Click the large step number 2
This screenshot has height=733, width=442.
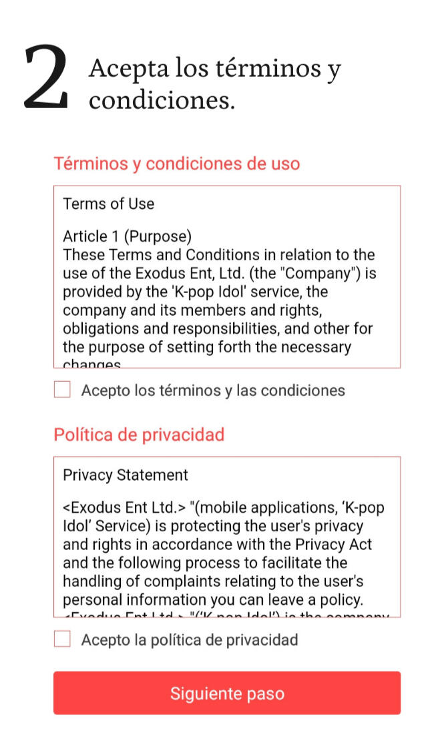(46, 78)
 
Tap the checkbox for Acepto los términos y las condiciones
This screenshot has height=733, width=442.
(62, 390)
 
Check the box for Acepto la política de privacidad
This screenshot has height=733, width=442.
(62, 640)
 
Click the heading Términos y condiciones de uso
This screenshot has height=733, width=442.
(176, 164)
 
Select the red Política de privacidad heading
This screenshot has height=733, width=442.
(139, 435)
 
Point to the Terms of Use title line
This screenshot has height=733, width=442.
(108, 204)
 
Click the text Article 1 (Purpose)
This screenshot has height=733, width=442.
(127, 236)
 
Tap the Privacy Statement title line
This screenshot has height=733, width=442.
(126, 475)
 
